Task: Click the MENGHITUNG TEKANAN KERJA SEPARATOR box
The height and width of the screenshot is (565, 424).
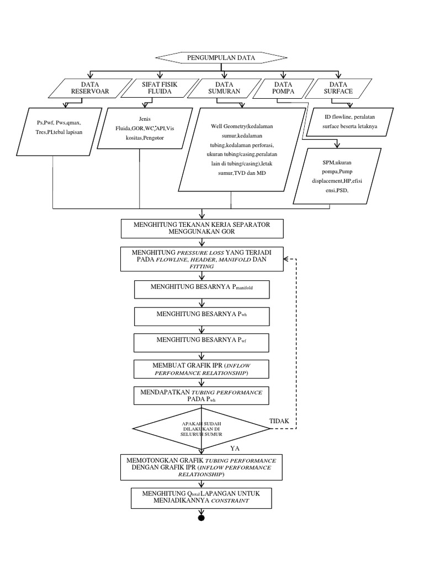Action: [x=203, y=228]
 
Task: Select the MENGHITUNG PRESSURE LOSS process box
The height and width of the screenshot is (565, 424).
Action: [x=203, y=258]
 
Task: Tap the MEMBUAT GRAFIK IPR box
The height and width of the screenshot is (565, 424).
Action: [x=202, y=369]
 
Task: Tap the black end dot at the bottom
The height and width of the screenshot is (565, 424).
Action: [x=202, y=518]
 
